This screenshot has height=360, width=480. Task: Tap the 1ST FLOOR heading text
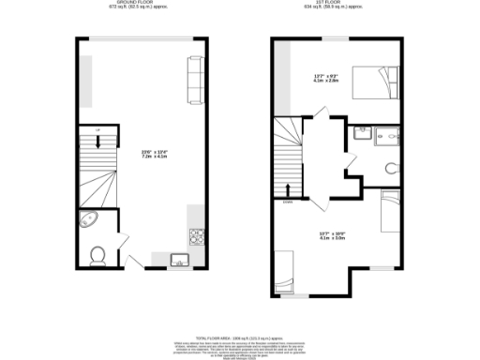[x=339, y=4]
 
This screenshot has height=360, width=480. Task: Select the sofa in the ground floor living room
[x=195, y=78]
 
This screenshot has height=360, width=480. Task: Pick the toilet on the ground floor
[x=97, y=253]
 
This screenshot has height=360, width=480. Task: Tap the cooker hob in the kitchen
[x=196, y=234]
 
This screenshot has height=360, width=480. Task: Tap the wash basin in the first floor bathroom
[x=361, y=134]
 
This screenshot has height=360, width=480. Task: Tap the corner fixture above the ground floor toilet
[x=89, y=223]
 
